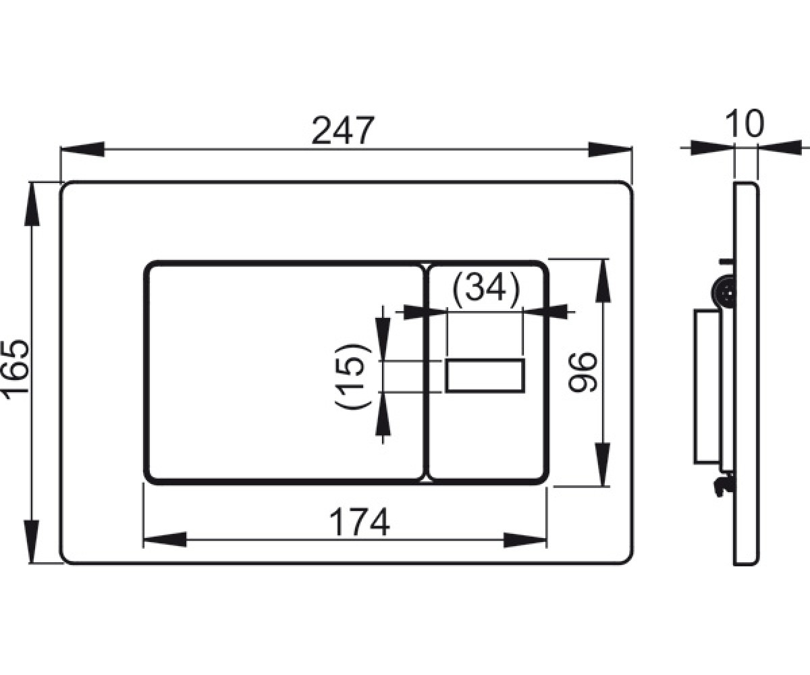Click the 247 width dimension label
343,130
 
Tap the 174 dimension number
360,522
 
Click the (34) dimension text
486,287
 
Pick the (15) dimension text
353,376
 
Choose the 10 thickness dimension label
745,124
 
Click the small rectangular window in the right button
485,376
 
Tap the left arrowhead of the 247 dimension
82,149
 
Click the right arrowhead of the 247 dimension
610,149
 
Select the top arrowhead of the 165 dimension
32,204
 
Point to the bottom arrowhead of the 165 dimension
32,541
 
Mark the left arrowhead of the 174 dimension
165,539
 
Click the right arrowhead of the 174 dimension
525,540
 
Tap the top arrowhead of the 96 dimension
603,281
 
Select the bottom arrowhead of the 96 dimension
602,464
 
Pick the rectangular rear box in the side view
708,386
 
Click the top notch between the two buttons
426,267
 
